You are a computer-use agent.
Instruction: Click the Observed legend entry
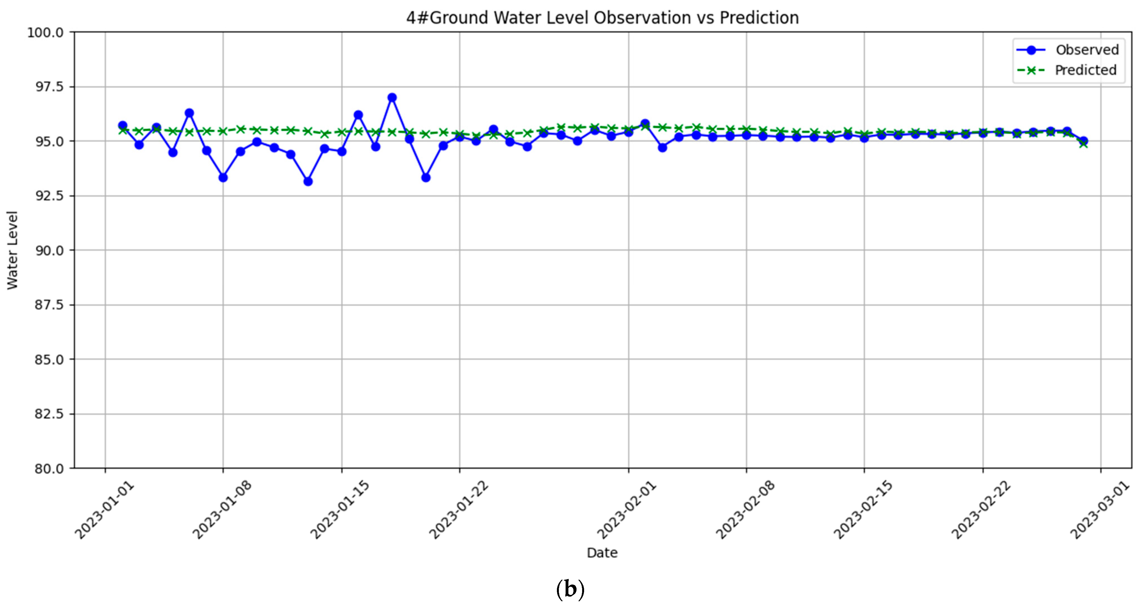(x=1087, y=50)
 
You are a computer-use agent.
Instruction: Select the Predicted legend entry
(x=1085, y=70)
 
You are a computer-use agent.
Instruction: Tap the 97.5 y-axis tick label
(x=49, y=87)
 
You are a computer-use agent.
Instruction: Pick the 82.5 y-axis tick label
(x=49, y=414)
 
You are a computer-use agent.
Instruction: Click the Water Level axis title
(x=12, y=250)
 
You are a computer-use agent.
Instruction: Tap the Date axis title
(x=602, y=553)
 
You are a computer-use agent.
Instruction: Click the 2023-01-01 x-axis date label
(x=104, y=509)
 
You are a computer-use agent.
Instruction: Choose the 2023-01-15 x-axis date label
(x=340, y=509)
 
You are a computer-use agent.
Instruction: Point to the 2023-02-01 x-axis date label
(x=627, y=509)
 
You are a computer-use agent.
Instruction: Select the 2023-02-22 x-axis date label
(x=981, y=509)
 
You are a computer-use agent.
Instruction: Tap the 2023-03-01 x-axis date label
(x=1099, y=509)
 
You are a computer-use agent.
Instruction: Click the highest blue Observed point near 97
(x=392, y=97)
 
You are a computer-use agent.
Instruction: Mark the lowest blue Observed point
(x=308, y=182)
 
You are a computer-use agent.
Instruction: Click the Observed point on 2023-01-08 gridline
(x=223, y=178)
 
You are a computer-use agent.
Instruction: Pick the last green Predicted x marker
(x=1083, y=144)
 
